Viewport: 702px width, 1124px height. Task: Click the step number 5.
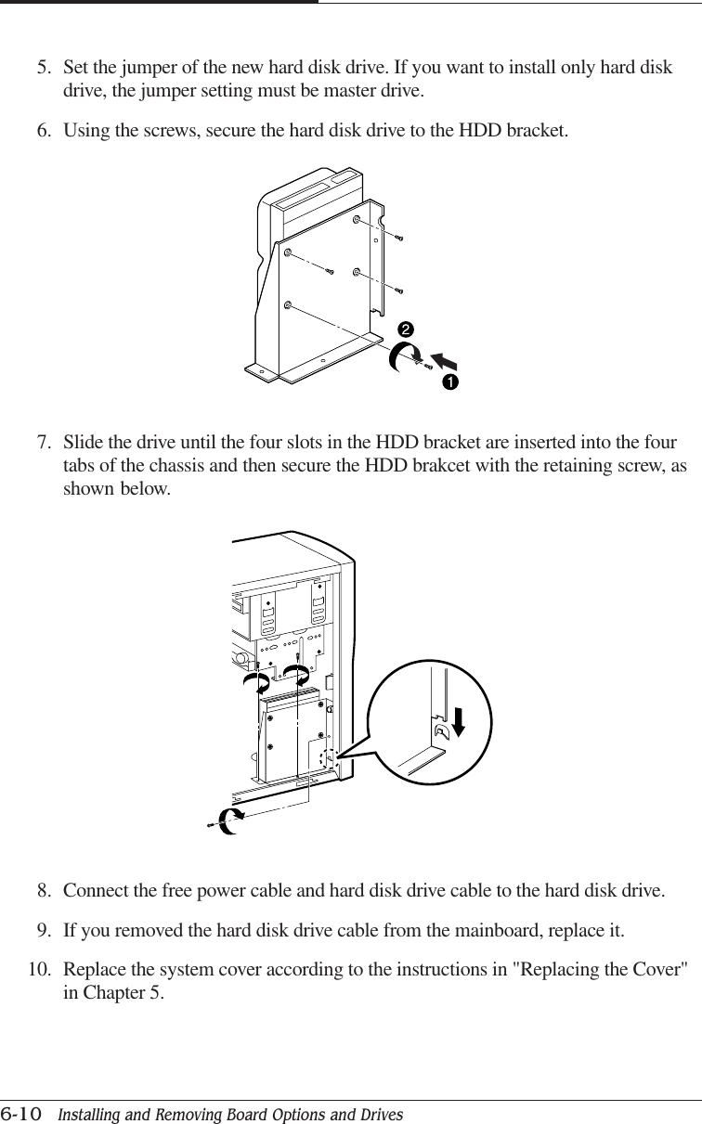(43, 69)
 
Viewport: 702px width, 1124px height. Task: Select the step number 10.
(38, 970)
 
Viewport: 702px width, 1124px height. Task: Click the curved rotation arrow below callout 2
(401, 355)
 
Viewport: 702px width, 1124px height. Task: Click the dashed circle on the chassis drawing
(326, 761)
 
